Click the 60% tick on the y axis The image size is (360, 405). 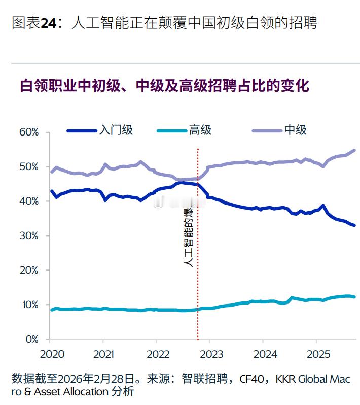(29, 132)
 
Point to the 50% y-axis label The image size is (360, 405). (29, 167)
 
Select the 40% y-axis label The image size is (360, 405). (29, 201)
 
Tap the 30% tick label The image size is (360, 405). (29, 236)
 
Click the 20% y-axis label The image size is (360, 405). (29, 271)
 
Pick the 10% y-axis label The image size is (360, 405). (29, 305)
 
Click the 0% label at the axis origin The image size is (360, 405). (31, 339)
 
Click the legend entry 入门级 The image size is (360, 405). (116, 130)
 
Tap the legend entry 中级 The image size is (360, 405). (295, 130)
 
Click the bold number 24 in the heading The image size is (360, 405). (48, 23)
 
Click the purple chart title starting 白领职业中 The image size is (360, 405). (164, 85)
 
